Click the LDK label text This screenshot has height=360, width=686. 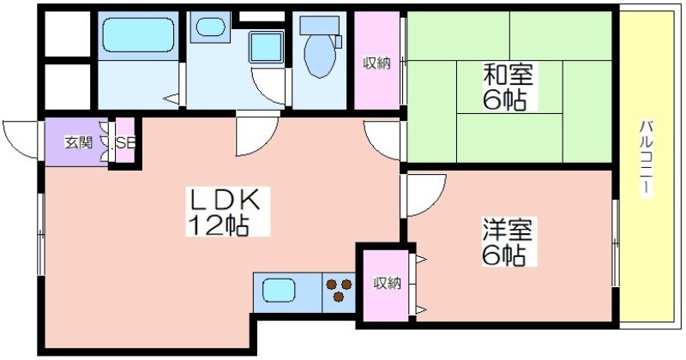coord(224,201)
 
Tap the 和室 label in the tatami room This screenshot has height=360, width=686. coord(508,75)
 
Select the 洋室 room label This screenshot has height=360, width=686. coord(508,229)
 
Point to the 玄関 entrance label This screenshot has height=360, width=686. coord(79,142)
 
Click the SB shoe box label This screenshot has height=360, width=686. coord(125,142)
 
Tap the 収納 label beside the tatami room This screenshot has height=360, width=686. coord(376,64)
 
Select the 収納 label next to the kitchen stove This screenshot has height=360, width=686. coord(387,284)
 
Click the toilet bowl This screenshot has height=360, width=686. coord(320,56)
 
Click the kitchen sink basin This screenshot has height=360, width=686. coord(279,290)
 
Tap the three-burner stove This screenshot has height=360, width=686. coord(339,290)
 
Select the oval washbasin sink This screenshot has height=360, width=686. coord(210,27)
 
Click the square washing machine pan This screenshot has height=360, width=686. coord(266,47)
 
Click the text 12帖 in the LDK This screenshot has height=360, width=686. coord(219,225)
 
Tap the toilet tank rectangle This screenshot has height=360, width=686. coord(320,27)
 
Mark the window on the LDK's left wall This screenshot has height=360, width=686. coord(41,235)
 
